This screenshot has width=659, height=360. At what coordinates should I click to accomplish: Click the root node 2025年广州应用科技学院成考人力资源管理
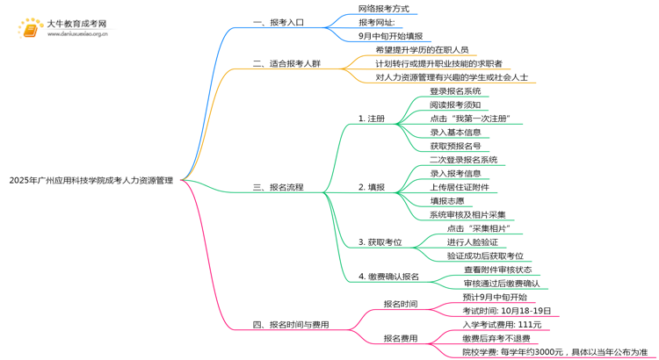point(91,181)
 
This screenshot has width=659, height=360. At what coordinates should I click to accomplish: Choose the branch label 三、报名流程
point(278,187)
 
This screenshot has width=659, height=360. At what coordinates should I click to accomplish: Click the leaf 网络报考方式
point(384,9)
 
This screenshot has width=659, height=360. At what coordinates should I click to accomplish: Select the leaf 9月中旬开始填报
point(391,37)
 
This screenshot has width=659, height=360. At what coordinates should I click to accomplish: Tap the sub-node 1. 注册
point(371,119)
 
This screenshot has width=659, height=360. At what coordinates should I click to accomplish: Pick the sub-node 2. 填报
point(371,187)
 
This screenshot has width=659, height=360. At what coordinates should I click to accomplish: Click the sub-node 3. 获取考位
point(380,242)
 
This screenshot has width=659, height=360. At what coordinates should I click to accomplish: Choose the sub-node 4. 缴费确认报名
point(388,277)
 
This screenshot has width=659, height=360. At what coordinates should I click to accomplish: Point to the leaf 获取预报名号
point(455,146)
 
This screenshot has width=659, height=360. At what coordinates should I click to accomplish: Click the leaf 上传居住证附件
point(460,187)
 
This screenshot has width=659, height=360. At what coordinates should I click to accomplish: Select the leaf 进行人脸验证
point(472,242)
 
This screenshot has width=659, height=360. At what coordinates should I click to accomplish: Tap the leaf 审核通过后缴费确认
point(502,284)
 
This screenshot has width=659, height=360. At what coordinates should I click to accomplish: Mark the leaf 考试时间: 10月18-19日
point(507,311)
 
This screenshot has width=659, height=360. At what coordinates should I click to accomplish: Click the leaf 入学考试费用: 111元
point(502,325)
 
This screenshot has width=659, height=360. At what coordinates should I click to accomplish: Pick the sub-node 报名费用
point(401,338)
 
